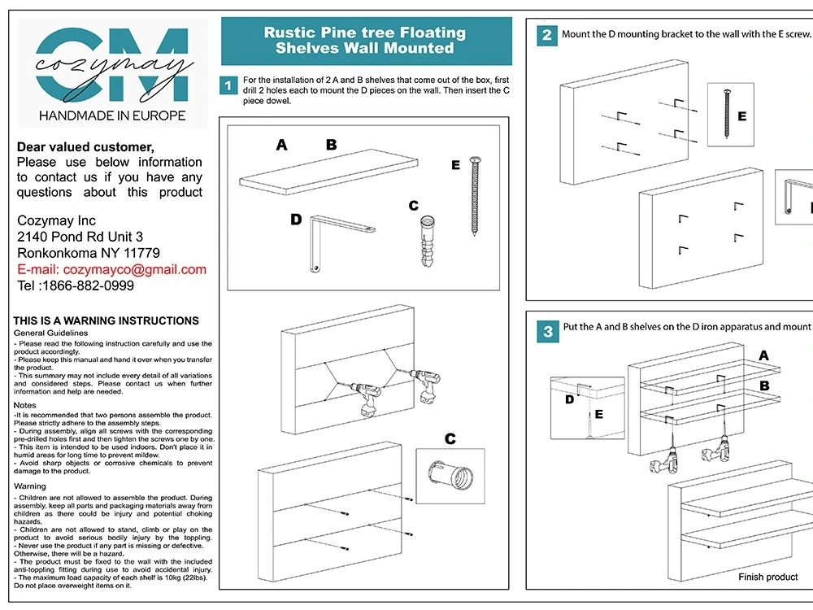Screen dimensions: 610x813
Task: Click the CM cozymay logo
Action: click(x=112, y=65)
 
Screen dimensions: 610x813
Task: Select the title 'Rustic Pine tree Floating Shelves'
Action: click(x=365, y=41)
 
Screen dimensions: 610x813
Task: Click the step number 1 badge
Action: click(x=229, y=85)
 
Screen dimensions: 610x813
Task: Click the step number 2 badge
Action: click(x=547, y=35)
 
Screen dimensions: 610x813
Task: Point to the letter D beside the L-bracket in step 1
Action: click(x=296, y=220)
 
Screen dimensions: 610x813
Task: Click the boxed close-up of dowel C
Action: click(x=450, y=470)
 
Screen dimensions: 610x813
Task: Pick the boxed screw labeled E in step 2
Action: click(x=730, y=115)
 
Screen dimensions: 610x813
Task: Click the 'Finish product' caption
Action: click(x=767, y=577)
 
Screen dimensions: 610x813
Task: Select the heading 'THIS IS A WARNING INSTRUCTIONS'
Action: click(x=106, y=320)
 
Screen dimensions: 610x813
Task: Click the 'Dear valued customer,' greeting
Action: click(x=85, y=147)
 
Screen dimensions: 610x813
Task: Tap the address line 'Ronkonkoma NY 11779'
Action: click(x=89, y=253)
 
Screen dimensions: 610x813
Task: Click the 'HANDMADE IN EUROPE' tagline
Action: click(x=112, y=115)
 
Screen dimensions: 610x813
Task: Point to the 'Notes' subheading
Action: click(x=25, y=404)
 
